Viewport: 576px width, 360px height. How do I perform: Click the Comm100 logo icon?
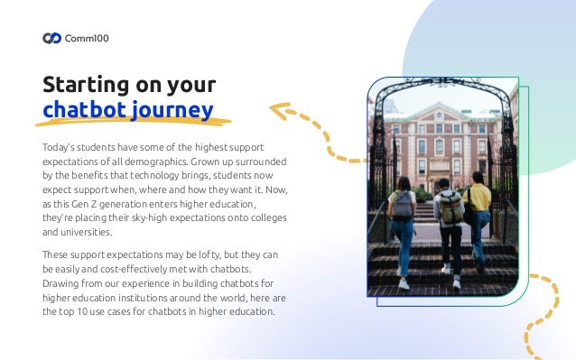[53, 38]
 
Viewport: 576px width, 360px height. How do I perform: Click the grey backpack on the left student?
[403, 207]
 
